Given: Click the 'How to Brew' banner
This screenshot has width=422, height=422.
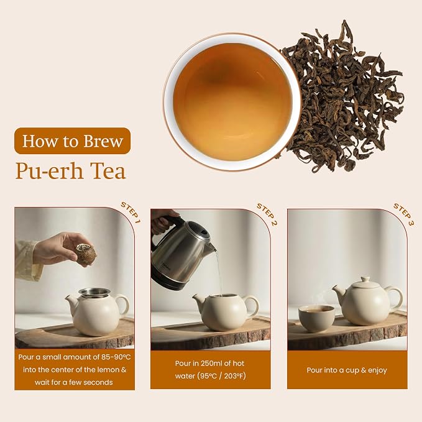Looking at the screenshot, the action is [x=72, y=140].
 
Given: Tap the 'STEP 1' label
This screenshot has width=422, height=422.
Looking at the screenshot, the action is [x=131, y=213].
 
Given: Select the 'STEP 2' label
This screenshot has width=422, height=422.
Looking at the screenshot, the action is [x=267, y=214].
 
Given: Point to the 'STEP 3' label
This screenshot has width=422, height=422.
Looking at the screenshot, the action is [x=404, y=214].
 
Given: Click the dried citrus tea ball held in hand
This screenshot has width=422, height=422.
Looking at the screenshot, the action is [x=86, y=253].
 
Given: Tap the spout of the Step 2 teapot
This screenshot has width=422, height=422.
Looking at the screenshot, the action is [x=198, y=300].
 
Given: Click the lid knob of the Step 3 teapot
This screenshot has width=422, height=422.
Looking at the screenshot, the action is [x=365, y=279].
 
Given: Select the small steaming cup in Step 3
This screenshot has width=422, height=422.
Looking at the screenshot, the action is [x=316, y=318].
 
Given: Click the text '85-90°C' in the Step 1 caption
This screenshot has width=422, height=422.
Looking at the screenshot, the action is [x=116, y=357].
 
